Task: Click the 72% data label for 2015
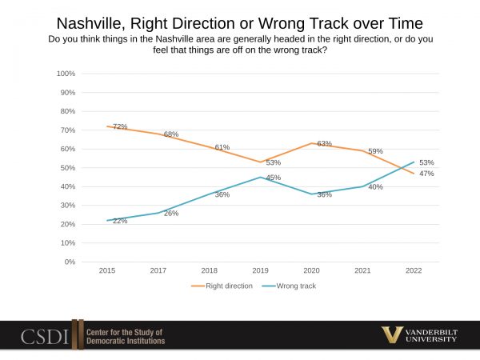121,127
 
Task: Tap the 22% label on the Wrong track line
120,221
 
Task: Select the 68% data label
171,134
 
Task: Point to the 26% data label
171,214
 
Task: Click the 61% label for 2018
222,147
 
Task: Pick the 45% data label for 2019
273,178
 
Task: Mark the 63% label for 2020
324,144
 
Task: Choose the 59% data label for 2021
375,151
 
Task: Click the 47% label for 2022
426,174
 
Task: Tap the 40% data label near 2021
375,187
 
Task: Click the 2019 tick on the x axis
260,271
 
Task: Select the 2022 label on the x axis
414,271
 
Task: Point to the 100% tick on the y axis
66,74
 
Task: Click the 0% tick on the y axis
70,262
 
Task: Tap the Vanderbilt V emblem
392,335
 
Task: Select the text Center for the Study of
126,331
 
